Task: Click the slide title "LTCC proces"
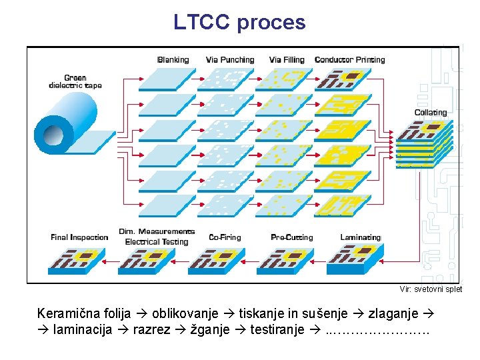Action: pyautogui.click(x=239, y=22)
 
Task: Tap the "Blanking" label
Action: pyautogui.click(x=173, y=60)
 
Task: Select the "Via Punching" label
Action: pyautogui.click(x=230, y=60)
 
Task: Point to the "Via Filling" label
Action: pyautogui.click(x=287, y=60)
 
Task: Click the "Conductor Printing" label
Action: pyautogui.click(x=349, y=60)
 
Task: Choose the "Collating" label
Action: pyautogui.click(x=431, y=113)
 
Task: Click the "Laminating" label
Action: pyautogui.click(x=360, y=237)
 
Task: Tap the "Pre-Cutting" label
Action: pyautogui.click(x=291, y=237)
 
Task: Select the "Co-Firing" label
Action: pyautogui.click(x=225, y=237)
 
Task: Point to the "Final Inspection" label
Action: pyautogui.click(x=79, y=237)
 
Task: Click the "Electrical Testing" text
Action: pyautogui.click(x=157, y=242)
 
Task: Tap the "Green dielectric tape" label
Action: pyautogui.click(x=75, y=82)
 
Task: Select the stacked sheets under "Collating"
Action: pyautogui.click(x=425, y=142)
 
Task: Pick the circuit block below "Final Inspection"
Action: pyautogui.click(x=76, y=261)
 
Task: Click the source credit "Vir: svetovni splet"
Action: pyautogui.click(x=431, y=289)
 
